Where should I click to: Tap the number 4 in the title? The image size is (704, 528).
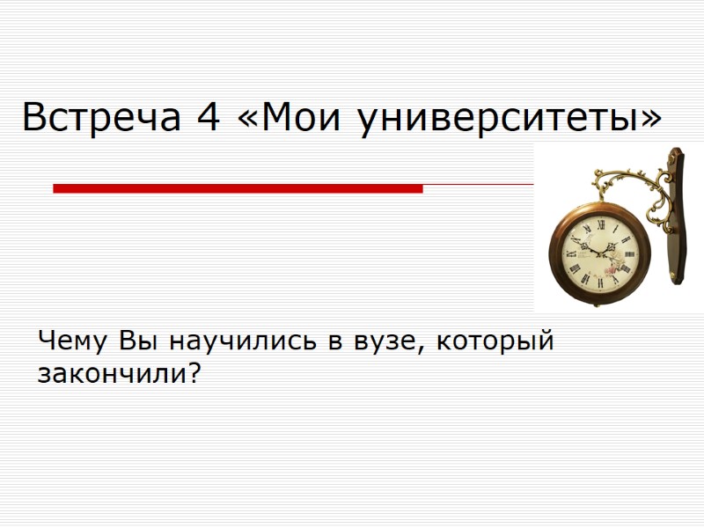[x=209, y=117]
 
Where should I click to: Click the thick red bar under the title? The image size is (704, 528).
[x=238, y=188]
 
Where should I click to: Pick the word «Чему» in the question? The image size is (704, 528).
[x=73, y=341]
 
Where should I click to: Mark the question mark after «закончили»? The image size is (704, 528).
[x=194, y=374]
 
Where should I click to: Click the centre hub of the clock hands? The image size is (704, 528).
[x=600, y=253]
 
